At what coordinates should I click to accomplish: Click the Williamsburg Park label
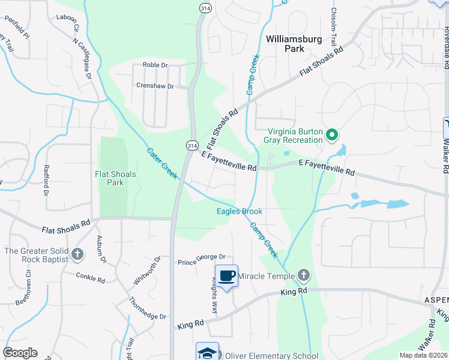coord(294,43)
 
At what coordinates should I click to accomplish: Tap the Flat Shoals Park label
coord(116,178)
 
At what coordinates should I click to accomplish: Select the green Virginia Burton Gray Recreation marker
coord(331,136)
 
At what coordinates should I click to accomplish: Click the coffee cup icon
coord(226,276)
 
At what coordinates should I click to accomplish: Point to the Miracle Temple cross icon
coord(304,276)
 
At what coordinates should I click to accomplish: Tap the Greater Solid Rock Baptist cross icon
coord(77,255)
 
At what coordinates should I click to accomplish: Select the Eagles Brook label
coord(240,211)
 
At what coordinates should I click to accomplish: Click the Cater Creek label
coord(162,163)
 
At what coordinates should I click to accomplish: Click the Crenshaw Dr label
coord(155,86)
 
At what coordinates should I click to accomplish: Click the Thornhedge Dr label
coord(148,308)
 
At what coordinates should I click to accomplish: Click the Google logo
coord(20,353)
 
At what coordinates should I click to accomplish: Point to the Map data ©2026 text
coord(423,355)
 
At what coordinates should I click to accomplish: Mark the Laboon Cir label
coord(68,24)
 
